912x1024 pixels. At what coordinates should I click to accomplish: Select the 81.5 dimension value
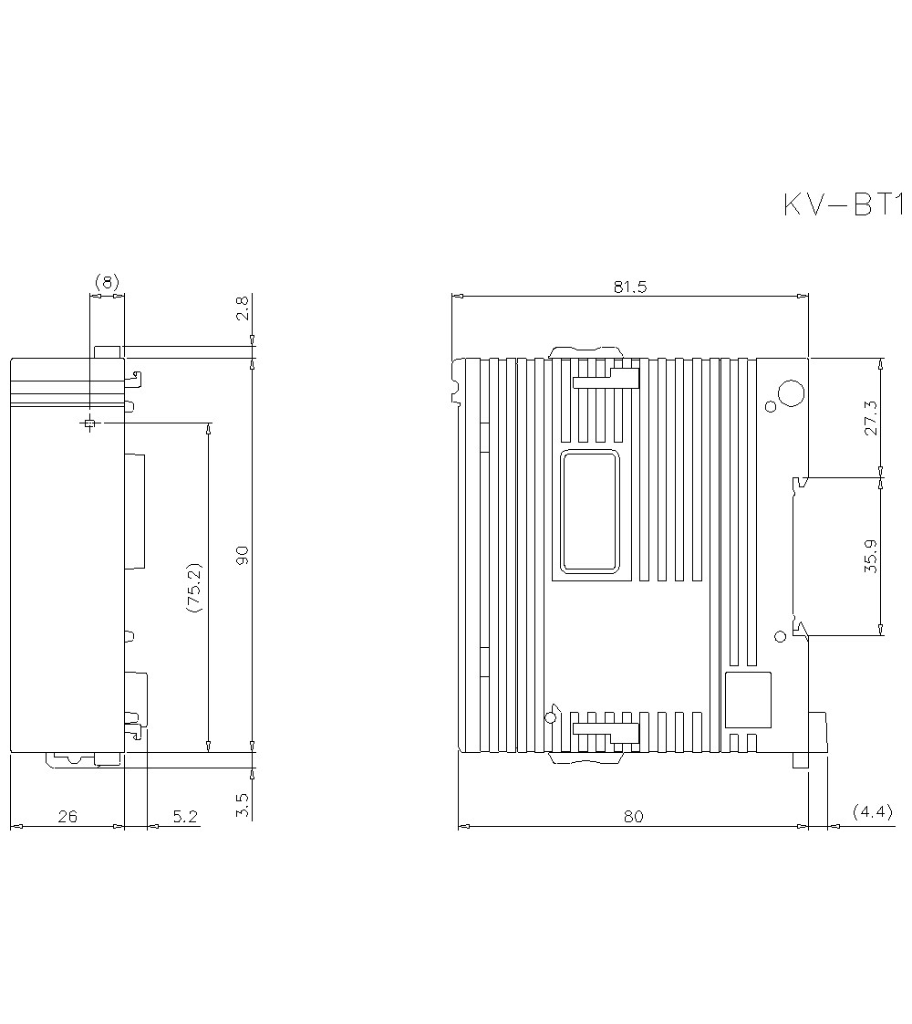(629, 287)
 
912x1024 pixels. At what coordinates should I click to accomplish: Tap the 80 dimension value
(633, 816)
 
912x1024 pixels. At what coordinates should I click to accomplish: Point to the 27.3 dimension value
(872, 418)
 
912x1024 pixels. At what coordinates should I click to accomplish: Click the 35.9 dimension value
(872, 557)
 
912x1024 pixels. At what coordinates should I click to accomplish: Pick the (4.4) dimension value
(872, 811)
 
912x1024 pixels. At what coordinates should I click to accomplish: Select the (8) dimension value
(107, 282)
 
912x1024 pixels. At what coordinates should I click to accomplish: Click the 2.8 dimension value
(242, 308)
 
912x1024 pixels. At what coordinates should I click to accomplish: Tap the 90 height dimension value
(242, 555)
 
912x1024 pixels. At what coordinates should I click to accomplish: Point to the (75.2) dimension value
(194, 587)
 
